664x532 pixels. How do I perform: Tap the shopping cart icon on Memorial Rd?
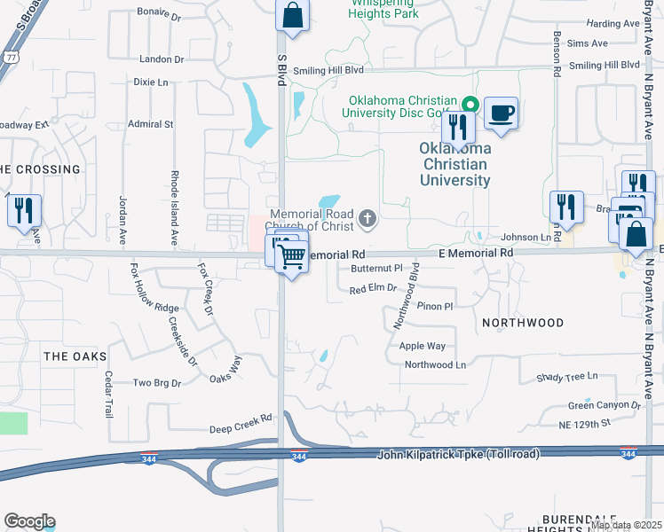click(292, 257)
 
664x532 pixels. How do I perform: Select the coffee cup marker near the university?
click(501, 113)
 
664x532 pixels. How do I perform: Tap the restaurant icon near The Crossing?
click(23, 210)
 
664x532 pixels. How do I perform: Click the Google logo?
click(29, 521)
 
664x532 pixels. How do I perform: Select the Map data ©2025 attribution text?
click(626, 525)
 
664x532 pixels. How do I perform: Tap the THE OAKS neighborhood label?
click(75, 356)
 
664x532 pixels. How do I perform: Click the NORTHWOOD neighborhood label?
click(522, 324)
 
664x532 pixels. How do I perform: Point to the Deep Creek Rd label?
click(240, 427)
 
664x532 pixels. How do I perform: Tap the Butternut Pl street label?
click(376, 267)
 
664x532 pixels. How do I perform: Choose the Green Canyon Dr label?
click(605, 405)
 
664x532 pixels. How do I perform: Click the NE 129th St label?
click(585, 425)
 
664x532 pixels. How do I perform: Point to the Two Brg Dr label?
click(156, 383)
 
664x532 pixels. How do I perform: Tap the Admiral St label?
click(151, 124)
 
